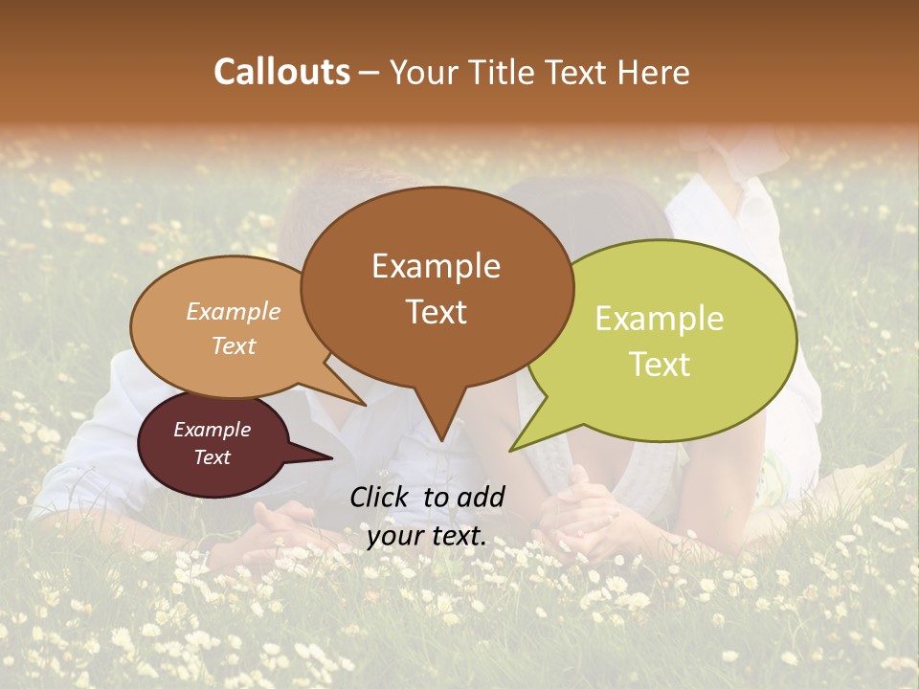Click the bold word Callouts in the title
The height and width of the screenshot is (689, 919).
point(281,72)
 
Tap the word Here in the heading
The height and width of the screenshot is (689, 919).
point(654,72)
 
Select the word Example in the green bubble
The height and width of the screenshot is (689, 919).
point(660,319)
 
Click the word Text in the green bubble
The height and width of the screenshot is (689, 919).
point(660,365)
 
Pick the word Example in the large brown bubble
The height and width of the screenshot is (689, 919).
point(436,266)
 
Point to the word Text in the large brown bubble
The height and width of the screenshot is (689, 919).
point(436,312)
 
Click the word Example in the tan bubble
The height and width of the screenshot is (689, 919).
point(234,312)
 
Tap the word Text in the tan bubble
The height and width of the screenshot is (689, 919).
point(234,345)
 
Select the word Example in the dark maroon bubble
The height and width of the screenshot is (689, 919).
point(212,430)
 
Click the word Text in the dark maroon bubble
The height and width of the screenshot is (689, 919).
point(212,457)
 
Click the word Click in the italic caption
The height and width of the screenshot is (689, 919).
point(381,497)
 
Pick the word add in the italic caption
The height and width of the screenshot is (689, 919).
point(481,497)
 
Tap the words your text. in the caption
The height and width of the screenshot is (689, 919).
point(427,537)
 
